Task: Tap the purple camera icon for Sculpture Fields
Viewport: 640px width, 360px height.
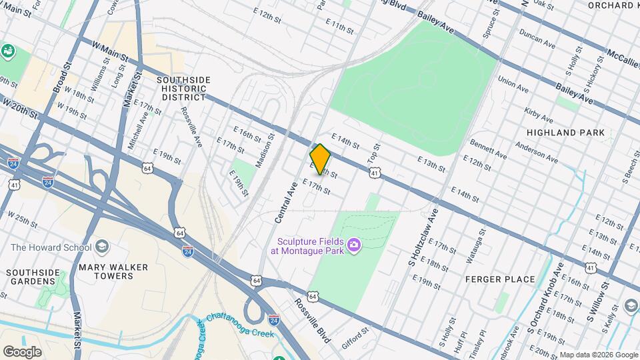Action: (x=353, y=247)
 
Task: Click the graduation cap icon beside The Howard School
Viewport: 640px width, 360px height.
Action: (x=102, y=247)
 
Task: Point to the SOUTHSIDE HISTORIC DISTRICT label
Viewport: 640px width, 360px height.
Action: (x=183, y=88)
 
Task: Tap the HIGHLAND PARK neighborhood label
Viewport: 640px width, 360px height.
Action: (x=565, y=133)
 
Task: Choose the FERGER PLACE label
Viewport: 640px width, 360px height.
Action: (x=500, y=279)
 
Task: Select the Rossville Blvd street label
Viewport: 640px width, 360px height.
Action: (x=313, y=320)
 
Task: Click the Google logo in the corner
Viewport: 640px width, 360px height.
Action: (x=22, y=351)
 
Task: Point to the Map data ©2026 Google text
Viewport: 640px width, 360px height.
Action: (x=598, y=355)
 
